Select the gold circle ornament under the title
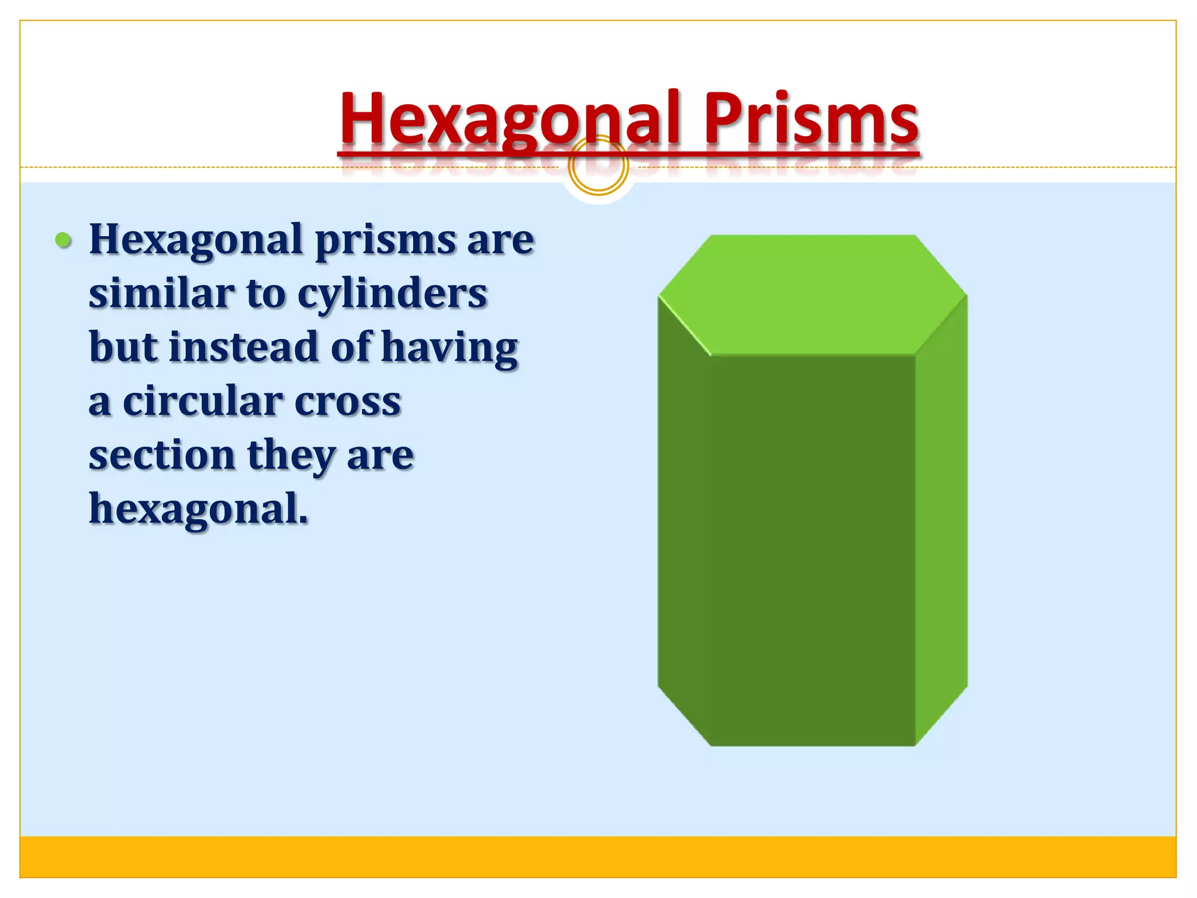598,166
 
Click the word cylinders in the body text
392,294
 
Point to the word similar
161,294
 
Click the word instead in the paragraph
244,347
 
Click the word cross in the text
348,401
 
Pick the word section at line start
161,455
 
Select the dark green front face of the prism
812,550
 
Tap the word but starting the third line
123,347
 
